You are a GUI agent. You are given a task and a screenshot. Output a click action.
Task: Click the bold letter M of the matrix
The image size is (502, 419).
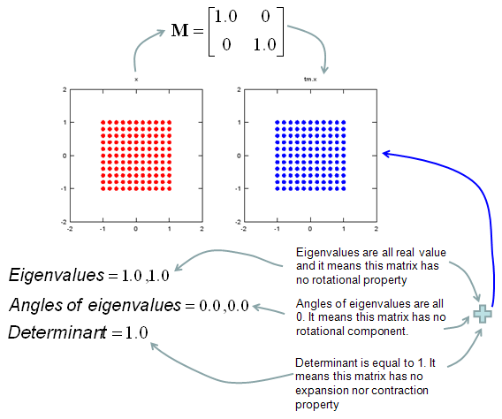[179, 31]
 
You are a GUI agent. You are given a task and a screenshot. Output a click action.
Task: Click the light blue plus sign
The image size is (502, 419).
[483, 314]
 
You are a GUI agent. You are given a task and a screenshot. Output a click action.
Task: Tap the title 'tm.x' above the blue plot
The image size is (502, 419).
[310, 79]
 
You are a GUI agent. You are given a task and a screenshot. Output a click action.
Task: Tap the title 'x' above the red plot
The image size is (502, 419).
[136, 80]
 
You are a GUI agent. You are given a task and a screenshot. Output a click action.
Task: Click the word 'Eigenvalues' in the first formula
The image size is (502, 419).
[57, 275]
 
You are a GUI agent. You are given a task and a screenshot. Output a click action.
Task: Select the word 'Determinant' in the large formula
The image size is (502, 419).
[57, 332]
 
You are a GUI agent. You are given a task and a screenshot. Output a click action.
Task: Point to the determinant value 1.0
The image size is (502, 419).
[137, 333]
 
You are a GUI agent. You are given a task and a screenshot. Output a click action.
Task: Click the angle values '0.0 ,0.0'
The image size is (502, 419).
[224, 306]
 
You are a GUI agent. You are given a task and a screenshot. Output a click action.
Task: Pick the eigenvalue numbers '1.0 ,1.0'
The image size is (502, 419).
[146, 276]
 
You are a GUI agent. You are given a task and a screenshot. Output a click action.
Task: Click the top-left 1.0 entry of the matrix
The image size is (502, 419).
[225, 17]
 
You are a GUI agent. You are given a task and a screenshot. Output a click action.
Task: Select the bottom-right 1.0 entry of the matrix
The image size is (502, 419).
[264, 45]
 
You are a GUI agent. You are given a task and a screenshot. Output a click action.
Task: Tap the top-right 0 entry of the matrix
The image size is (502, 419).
[265, 17]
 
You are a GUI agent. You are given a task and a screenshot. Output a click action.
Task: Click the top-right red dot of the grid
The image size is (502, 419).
[170, 122]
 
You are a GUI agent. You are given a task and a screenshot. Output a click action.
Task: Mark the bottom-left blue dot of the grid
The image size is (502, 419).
[278, 188]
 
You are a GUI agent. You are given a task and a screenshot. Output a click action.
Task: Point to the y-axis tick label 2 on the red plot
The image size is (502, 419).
[65, 89]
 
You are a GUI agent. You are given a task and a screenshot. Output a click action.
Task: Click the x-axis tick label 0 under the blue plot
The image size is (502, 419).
[310, 229]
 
